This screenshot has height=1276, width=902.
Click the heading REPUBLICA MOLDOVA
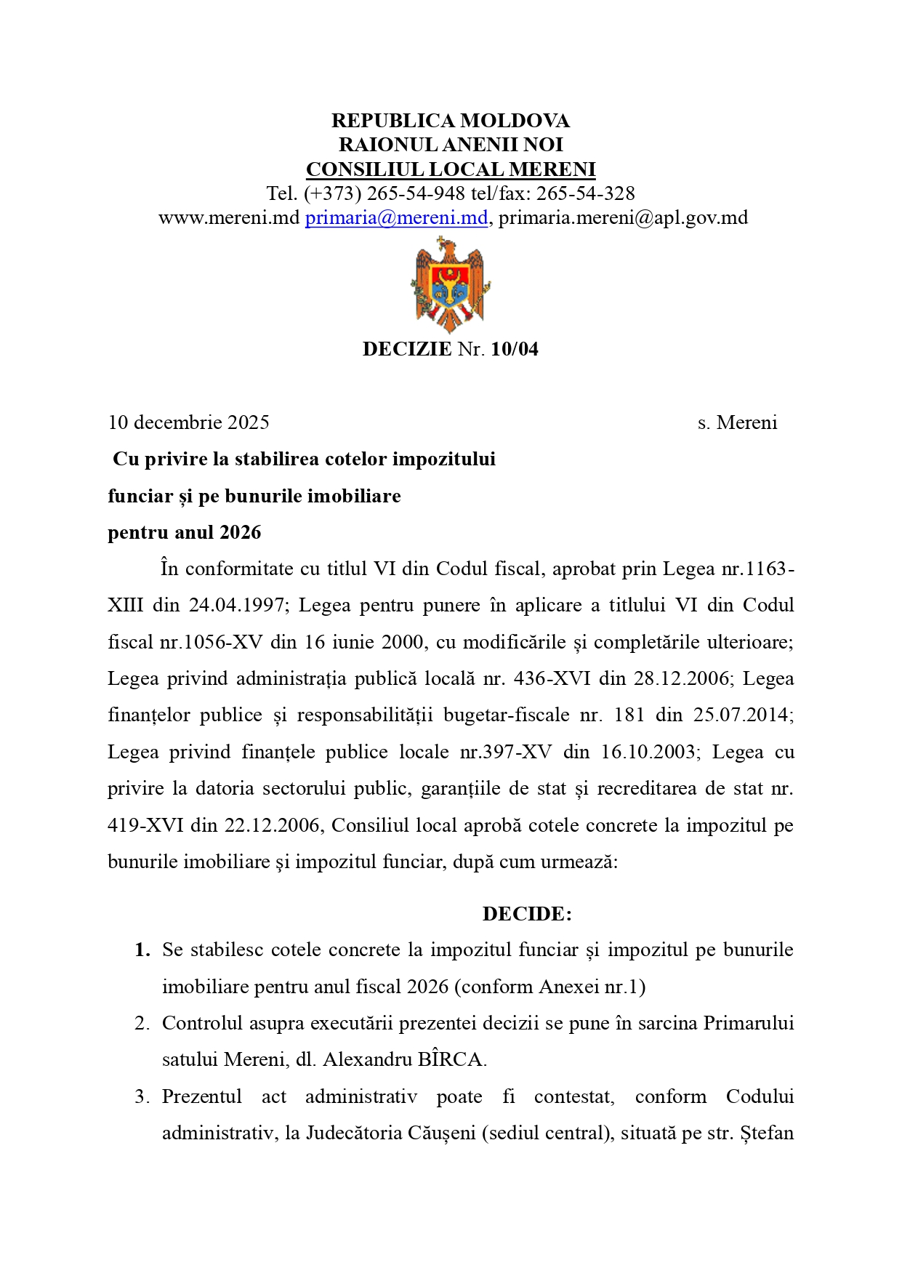pos(451,121)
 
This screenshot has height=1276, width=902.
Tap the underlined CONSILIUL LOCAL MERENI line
pos(451,169)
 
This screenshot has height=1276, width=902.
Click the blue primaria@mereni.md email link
pos(396,217)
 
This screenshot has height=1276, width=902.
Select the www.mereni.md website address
pos(229,217)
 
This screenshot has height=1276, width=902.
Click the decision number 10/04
pos(515,349)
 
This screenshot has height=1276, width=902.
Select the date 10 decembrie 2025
pos(189,422)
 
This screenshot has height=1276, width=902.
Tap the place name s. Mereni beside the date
pos(737,422)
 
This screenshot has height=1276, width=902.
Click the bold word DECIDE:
pos(527,914)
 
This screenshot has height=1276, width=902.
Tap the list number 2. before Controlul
pos(142,1023)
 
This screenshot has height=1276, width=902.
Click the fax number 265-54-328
pos(585,193)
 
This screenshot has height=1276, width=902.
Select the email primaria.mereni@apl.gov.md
pos(623,217)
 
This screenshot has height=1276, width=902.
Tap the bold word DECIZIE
pos(407,349)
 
